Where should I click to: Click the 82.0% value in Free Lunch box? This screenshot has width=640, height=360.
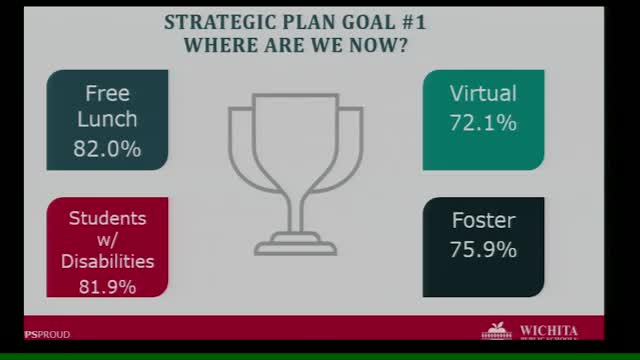click(107, 149)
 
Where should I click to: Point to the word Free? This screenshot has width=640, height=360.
click(107, 95)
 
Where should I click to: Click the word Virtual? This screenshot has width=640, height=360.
click(483, 94)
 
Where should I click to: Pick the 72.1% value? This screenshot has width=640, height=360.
click(483, 124)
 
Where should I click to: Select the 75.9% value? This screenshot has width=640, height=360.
click(483, 250)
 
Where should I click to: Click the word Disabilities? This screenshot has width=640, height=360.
click(107, 262)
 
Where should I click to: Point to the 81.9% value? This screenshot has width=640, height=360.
click(107, 285)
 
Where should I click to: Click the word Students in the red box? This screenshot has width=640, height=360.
click(107, 218)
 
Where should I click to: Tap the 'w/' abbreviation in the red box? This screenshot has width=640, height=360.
click(107, 240)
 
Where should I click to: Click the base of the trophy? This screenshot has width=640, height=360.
click(295, 243)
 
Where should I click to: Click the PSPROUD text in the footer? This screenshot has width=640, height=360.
click(47, 334)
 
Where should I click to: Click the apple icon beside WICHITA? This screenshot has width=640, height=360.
click(496, 330)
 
